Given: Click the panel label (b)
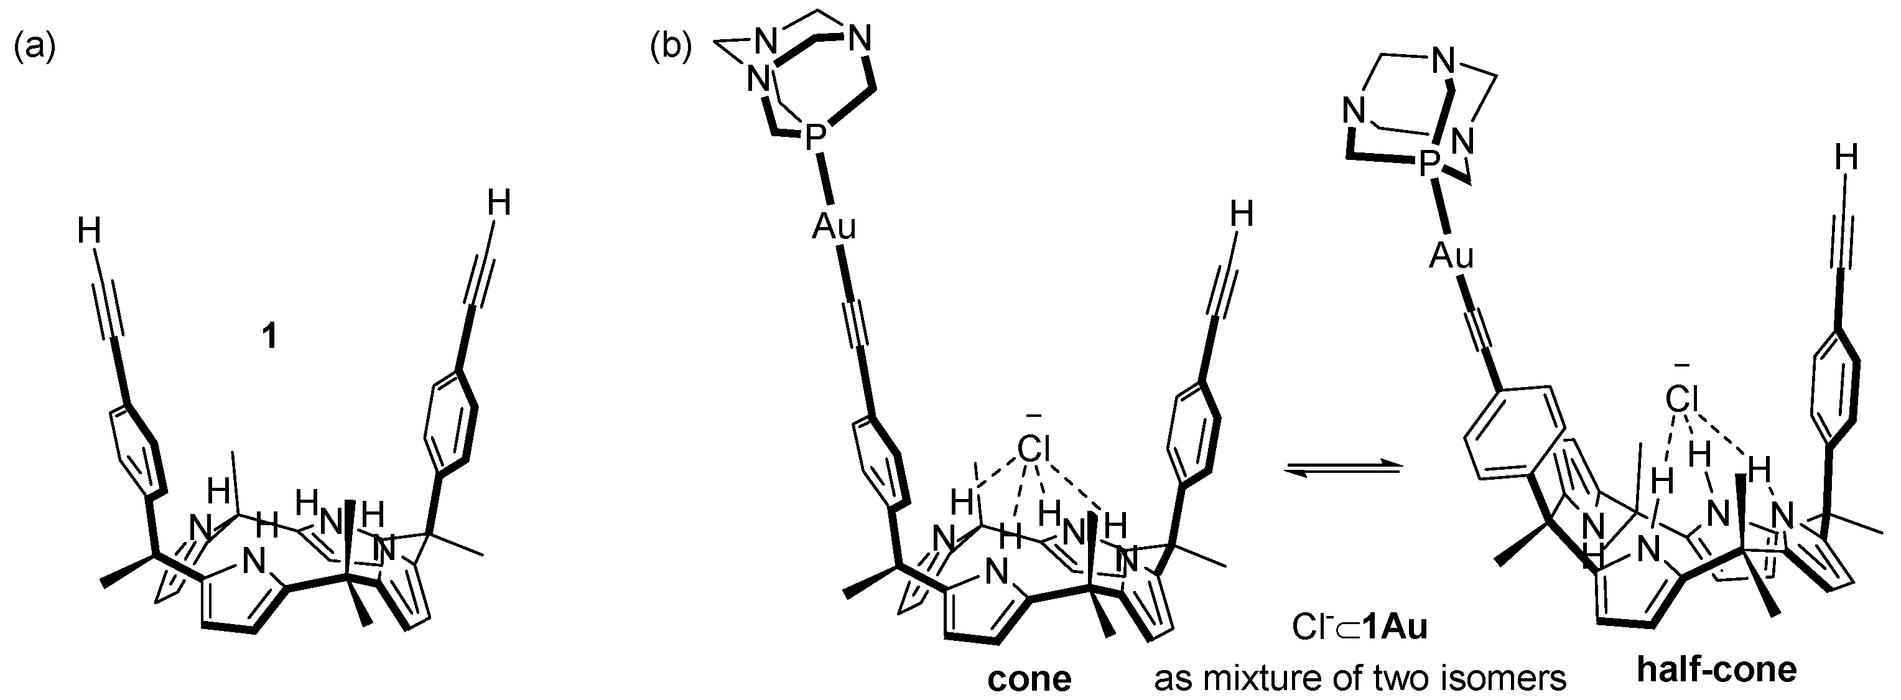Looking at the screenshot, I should point(670,48).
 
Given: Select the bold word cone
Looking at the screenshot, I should point(1030,678).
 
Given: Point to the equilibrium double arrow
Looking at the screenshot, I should point(1342,469).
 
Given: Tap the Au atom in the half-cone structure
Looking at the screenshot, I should point(1451,256).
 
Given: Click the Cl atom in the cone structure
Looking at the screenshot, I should point(1033,448).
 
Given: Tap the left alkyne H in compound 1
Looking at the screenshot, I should point(90,233).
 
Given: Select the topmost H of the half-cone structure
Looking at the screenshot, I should point(1846,158).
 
